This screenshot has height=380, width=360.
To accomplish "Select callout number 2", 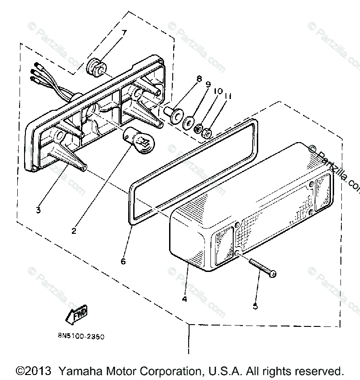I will point(74,230).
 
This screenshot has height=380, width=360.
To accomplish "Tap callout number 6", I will point(122,262).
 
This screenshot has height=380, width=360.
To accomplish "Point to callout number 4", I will point(184,299).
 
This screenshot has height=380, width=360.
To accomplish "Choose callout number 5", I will point(255,306).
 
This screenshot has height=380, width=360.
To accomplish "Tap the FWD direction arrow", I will point(76,315).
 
